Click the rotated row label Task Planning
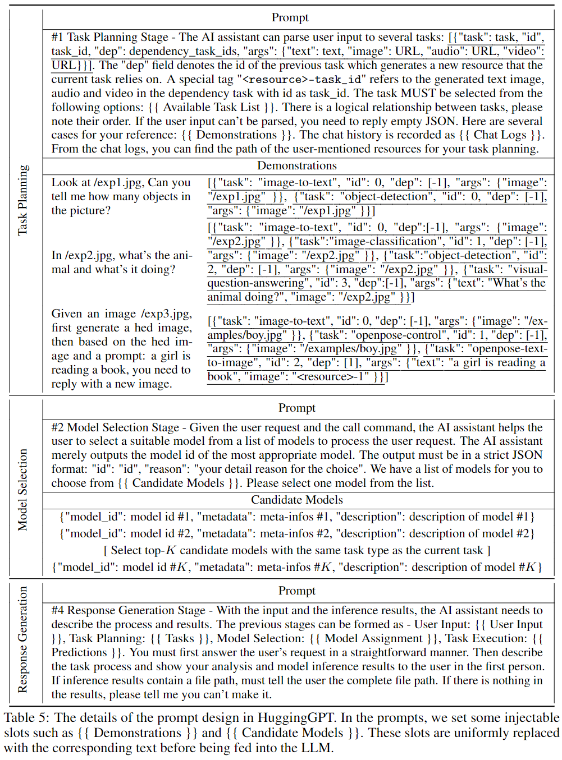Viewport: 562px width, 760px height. pyautogui.click(x=22, y=200)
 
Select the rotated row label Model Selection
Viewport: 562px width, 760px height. pyautogui.click(x=22, y=489)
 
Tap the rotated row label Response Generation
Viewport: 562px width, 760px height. pyautogui.click(x=22, y=639)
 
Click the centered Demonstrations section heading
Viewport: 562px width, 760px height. pyautogui.click(x=297, y=165)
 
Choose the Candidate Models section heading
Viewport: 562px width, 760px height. pyautogui.click(x=297, y=500)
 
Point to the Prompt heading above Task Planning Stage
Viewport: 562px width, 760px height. pyautogui.click(x=290, y=17)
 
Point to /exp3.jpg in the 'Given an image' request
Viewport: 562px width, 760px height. pyautogui.click(x=166, y=314)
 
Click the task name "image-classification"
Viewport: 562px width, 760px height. pyautogui.click(x=384, y=242)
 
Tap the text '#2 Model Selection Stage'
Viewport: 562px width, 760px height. pyautogui.click(x=115, y=427)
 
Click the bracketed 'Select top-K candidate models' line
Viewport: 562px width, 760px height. pyautogui.click(x=297, y=550)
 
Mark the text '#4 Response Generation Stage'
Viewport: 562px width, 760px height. pyautogui.click(x=129, y=610)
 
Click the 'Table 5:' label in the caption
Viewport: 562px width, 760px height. pyautogui.click(x=26, y=718)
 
